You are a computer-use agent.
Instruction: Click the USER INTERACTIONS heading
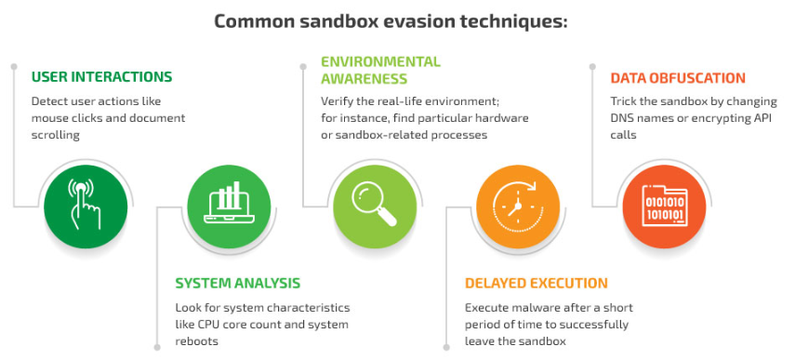pyautogui.click(x=102, y=76)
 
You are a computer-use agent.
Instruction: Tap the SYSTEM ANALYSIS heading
pyautogui.click(x=238, y=283)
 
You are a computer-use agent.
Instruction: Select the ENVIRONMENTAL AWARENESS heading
pyautogui.click(x=381, y=70)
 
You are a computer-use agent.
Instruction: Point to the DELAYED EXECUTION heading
pyautogui.click(x=537, y=283)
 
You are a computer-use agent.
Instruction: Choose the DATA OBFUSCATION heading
pyautogui.click(x=678, y=78)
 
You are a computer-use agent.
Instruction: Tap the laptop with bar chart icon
pyautogui.click(x=229, y=203)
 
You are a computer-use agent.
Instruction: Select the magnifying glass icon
pyautogui.click(x=375, y=204)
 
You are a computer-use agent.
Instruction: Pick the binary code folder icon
pyautogui.click(x=664, y=206)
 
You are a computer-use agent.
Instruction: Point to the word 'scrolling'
pyautogui.click(x=55, y=136)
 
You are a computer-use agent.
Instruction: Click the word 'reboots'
pyautogui.click(x=197, y=341)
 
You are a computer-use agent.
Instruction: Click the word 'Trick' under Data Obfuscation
pyautogui.click(x=623, y=101)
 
